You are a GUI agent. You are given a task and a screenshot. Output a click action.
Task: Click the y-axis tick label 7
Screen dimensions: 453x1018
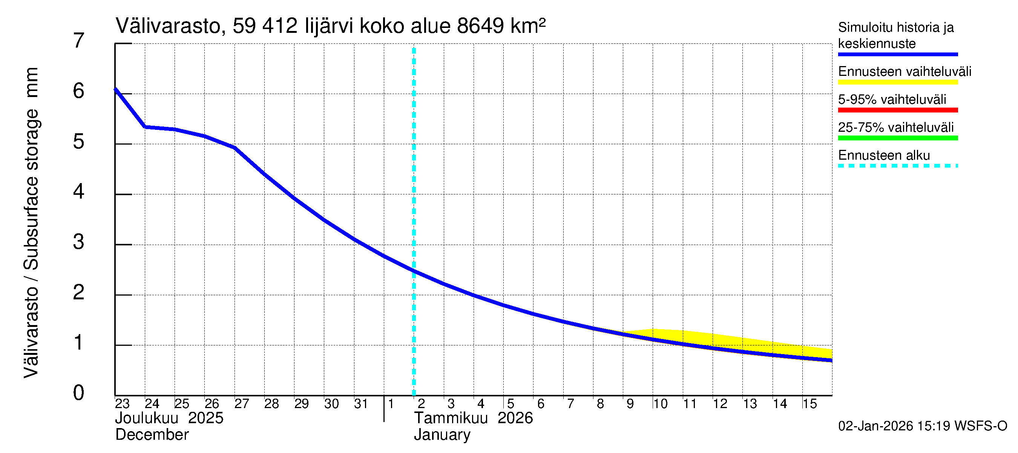click(x=79, y=41)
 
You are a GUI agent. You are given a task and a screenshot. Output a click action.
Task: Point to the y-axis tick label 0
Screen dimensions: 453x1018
click(x=79, y=393)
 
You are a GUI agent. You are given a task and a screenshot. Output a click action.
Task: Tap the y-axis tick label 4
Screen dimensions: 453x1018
click(x=79, y=192)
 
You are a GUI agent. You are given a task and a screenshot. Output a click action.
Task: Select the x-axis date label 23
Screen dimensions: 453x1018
click(x=122, y=404)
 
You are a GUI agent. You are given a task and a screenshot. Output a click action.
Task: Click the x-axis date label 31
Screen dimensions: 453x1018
click(x=361, y=404)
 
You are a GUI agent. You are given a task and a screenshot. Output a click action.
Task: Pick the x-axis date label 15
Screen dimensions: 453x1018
click(x=810, y=404)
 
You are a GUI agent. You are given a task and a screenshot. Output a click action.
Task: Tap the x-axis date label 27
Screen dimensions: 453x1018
click(x=241, y=404)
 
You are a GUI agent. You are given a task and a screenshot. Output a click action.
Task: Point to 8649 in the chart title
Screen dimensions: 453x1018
click(x=480, y=26)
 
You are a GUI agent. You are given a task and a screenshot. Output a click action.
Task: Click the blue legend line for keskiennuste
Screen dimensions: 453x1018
click(x=897, y=54)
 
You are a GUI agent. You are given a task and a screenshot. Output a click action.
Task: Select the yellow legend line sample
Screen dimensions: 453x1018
click(x=897, y=82)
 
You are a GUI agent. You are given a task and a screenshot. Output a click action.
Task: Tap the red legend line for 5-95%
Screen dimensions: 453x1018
click(x=897, y=110)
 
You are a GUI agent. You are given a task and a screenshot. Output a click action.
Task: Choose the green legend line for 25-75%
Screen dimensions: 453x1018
click(x=897, y=138)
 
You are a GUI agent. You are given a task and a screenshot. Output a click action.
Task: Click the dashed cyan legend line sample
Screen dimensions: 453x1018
click(x=897, y=166)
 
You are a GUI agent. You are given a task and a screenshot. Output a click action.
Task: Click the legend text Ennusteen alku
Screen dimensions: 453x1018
click(x=884, y=156)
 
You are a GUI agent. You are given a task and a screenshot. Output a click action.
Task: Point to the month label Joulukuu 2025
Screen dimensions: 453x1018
click(x=169, y=418)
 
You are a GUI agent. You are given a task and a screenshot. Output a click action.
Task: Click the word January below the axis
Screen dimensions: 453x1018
click(x=442, y=435)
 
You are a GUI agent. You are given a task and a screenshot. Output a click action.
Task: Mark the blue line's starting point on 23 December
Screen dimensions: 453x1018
click(x=115, y=89)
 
